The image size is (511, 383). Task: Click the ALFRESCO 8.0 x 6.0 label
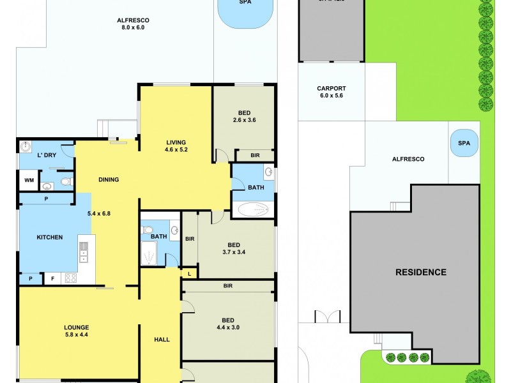coord(133,24)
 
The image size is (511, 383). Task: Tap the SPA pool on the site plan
coord(464,144)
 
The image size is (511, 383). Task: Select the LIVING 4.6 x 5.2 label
coord(176,146)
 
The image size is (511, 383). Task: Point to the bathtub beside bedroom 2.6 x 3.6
coord(253,209)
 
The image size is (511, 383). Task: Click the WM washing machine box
coord(29,181)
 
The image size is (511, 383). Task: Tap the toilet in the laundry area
coord(65,183)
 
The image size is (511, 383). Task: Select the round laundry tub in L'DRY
coord(25,146)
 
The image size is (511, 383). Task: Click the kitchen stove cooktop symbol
coord(70,278)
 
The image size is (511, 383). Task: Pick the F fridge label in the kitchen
coord(52,278)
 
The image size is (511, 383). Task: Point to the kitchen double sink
coord(83,250)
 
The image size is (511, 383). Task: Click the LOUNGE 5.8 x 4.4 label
coord(76,331)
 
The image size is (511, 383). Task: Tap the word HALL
coord(162,339)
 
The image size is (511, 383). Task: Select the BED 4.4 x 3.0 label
coord(227,324)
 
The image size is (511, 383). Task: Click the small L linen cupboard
coord(190,273)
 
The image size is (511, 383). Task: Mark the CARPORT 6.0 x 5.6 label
coord(331,92)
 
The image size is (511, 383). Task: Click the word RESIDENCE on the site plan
coord(420,272)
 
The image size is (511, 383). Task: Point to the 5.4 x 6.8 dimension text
coord(99,213)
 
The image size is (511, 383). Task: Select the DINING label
coord(109,179)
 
